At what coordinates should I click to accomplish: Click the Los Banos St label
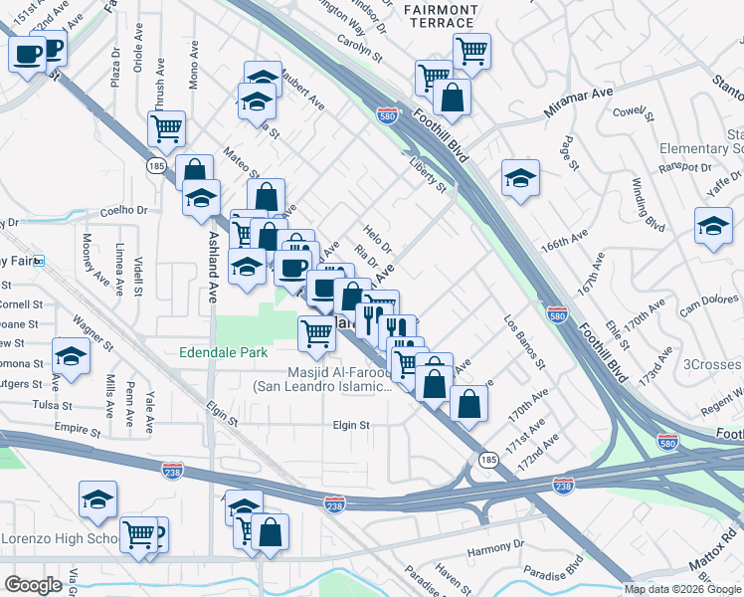(524, 342)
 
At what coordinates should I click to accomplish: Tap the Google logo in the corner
(33, 584)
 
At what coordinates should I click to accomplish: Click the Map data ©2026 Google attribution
(682, 589)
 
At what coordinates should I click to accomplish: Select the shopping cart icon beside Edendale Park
(316, 332)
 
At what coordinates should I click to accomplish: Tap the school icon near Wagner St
(72, 356)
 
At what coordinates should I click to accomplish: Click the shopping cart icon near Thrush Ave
(166, 126)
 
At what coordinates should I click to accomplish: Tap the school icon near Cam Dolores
(713, 226)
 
